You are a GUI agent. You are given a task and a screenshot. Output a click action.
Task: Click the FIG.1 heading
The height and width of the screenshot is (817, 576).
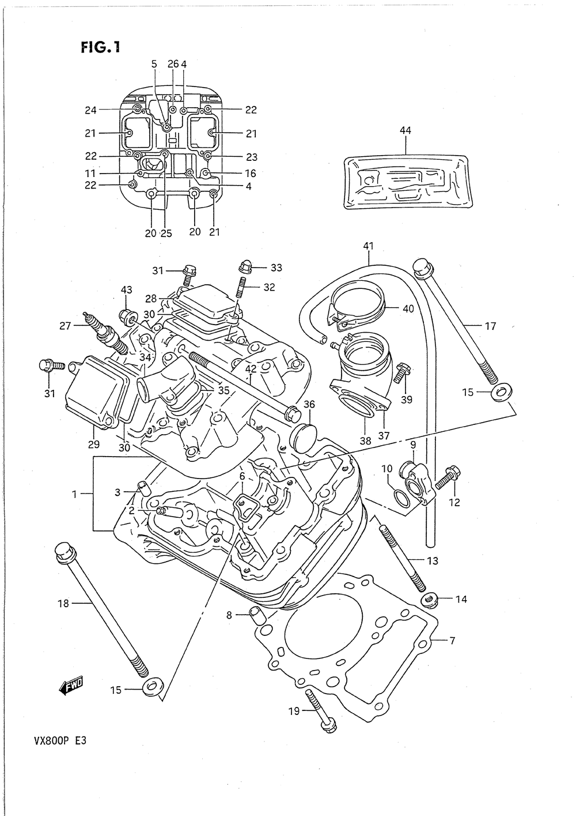[x=101, y=47]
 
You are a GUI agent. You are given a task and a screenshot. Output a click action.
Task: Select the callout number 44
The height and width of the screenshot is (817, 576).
[x=405, y=130]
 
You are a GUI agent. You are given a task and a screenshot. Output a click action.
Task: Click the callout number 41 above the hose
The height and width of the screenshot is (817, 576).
[x=368, y=246]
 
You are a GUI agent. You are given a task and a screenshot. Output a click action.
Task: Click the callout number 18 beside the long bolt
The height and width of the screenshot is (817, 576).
[x=63, y=604]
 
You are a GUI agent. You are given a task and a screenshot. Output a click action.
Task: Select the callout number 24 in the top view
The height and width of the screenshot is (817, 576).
[x=90, y=110]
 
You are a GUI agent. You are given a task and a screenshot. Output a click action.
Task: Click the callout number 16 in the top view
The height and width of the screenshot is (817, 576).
[x=251, y=173]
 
